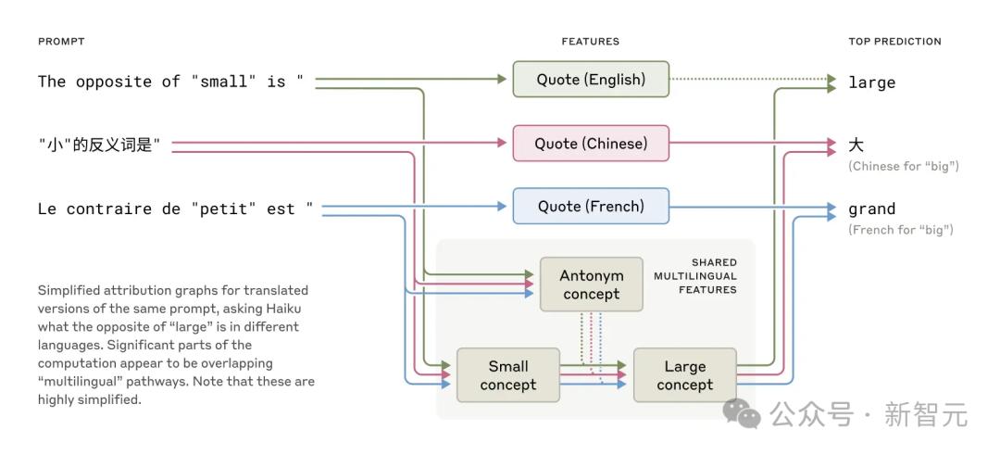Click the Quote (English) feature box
tap(591, 80)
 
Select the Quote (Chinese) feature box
tap(591, 144)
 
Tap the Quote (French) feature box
tap(591, 207)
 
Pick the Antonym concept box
tap(591, 284)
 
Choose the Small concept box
tap(507, 375)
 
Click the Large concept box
tap(684, 375)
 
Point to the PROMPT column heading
tap(61, 42)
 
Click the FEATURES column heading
tap(590, 42)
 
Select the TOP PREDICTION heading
tap(894, 42)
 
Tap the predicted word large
tap(871, 82)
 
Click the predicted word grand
tap(871, 209)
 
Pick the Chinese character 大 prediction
tap(856, 145)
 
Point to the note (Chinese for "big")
tap(903, 166)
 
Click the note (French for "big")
tap(900, 229)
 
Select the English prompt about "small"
tap(170, 82)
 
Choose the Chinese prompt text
tap(100, 145)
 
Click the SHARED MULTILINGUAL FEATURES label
tap(695, 276)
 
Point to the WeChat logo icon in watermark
tap(742, 414)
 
